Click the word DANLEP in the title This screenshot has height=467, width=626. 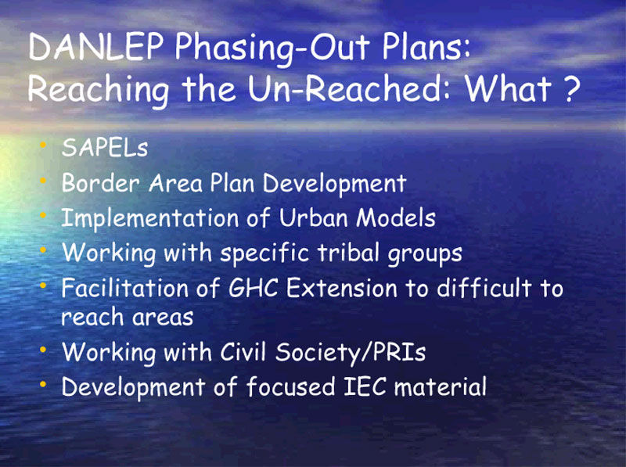[95, 46]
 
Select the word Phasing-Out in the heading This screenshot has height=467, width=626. [272, 49]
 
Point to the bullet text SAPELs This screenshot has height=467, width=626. [105, 147]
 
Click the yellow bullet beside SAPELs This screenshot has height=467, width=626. [43, 145]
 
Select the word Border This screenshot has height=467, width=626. [101, 183]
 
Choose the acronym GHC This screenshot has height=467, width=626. [253, 288]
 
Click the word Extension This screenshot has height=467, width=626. [342, 288]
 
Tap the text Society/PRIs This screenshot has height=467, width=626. [351, 353]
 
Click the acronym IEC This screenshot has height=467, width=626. [365, 386]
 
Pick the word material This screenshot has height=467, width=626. [441, 386]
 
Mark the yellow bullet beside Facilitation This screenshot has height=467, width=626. [43, 286]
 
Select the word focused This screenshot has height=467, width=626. [290, 386]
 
